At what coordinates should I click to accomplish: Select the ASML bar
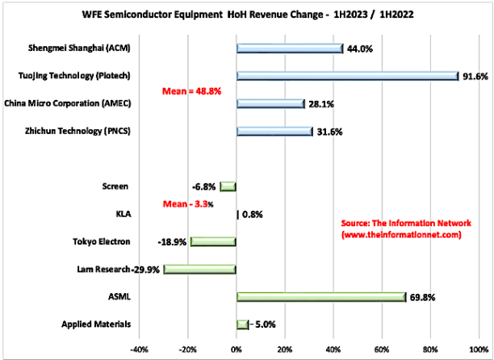tap(320, 297)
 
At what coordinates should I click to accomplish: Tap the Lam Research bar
tap(200, 270)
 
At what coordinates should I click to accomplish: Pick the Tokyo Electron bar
tap(213, 241)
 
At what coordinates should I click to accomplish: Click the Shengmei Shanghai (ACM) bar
tap(290, 48)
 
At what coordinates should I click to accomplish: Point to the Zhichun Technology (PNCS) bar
tap(274, 132)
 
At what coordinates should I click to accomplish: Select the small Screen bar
tap(228, 186)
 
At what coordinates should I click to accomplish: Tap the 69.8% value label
tap(422, 297)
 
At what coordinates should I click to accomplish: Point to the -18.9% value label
tap(174, 241)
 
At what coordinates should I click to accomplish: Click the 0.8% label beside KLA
tap(253, 215)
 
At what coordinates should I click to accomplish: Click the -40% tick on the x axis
tap(139, 350)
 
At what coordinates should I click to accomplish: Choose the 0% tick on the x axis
tap(237, 350)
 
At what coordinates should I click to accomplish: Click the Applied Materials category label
tap(97, 324)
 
